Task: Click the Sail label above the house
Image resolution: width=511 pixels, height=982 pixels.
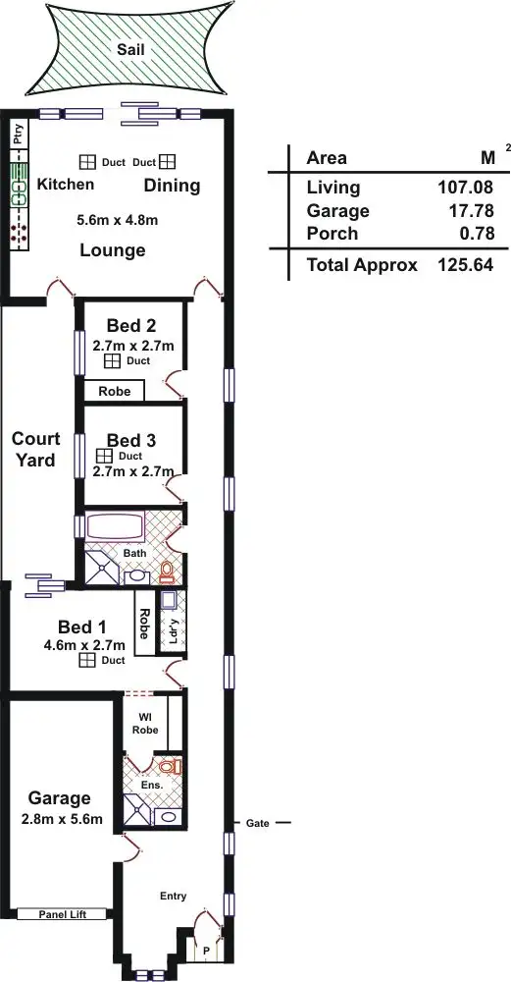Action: tap(125, 48)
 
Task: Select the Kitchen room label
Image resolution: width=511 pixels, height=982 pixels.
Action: tap(66, 185)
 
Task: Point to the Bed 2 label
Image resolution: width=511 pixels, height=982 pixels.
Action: tap(130, 326)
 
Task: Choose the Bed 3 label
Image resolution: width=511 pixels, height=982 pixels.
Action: tap(130, 440)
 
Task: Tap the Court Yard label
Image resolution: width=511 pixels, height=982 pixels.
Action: tap(36, 449)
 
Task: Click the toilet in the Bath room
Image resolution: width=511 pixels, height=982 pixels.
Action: tap(167, 570)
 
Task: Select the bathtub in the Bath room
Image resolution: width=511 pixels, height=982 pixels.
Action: tap(116, 525)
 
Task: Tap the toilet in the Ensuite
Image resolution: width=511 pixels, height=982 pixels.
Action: tap(170, 765)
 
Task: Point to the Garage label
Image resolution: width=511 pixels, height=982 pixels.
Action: tap(59, 798)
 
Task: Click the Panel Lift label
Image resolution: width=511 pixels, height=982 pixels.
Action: tap(62, 914)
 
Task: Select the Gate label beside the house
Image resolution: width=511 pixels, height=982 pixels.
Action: tap(257, 822)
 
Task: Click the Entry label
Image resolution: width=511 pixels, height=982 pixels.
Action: tap(174, 896)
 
